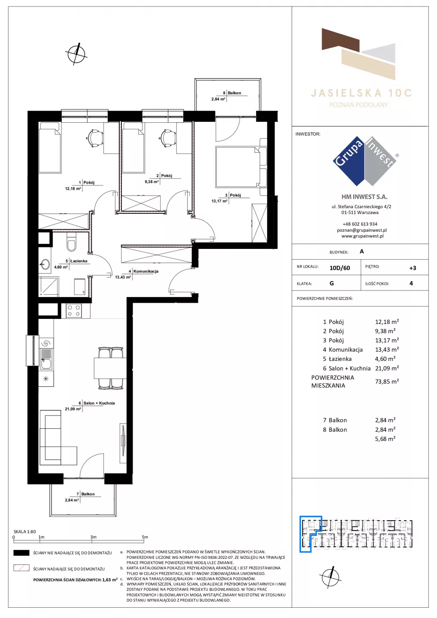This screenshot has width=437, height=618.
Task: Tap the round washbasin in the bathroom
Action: coord(45,264)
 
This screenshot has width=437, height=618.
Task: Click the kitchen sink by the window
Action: coord(46,359)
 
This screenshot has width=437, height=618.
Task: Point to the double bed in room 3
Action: coord(241,167)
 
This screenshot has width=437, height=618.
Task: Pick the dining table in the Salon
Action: coord(110,368)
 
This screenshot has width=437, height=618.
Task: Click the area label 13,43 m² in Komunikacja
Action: coord(123,277)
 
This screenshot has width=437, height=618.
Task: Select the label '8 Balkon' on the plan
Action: coord(232,93)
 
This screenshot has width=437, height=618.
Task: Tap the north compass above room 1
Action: coord(76,54)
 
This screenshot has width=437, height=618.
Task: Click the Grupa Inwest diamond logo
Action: coord(364,161)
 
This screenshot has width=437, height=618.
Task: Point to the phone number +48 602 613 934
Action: coord(360,224)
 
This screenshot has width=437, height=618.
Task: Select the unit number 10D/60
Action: coord(340,268)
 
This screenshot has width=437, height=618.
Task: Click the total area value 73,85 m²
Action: coord(387,382)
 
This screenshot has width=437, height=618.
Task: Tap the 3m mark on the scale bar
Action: coord(93,537)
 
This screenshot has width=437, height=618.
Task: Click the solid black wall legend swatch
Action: coord(21,553)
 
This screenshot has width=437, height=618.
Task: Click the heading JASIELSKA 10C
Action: coord(361,93)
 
